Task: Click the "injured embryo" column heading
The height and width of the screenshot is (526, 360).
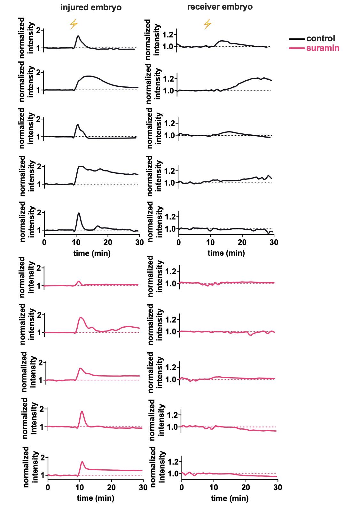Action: [91, 8]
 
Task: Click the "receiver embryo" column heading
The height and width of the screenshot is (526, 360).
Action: [220, 7]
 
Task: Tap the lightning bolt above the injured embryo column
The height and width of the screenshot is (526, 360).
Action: [74, 24]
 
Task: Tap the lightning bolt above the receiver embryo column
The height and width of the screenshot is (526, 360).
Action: [207, 24]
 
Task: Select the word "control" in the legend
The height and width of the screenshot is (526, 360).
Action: [321, 38]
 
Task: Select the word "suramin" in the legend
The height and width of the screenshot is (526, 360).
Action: [323, 48]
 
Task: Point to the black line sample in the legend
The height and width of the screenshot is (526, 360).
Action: [297, 39]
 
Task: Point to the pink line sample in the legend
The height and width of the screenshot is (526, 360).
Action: [297, 49]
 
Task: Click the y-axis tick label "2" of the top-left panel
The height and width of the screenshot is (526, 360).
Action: [39, 30]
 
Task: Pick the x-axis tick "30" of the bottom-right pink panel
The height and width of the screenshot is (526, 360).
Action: [278, 488]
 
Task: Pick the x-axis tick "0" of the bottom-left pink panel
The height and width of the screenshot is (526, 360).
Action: [48, 488]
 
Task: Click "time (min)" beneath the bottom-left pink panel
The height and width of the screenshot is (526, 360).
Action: [95, 498]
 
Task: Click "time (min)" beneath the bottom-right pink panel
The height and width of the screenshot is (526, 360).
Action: [229, 498]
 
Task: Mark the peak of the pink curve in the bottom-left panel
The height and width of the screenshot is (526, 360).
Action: [82, 462]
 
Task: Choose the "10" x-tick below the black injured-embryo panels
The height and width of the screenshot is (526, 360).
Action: [76, 242]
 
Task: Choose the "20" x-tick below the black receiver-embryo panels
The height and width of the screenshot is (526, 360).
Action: [242, 242]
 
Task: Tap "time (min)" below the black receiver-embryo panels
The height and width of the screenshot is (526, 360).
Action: [226, 253]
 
